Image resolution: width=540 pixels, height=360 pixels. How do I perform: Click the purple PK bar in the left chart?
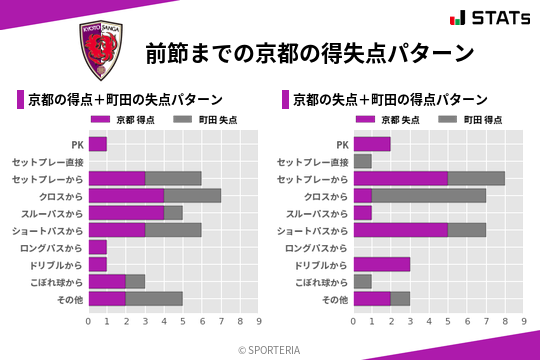click(x=97, y=144)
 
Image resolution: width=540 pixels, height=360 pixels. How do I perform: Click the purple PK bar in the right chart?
click(x=372, y=144)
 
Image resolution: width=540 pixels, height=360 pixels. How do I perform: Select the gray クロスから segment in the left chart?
click(x=193, y=195)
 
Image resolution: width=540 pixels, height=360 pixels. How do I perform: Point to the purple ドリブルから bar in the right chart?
click(x=382, y=264)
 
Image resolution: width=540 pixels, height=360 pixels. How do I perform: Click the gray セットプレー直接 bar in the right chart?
click(x=362, y=161)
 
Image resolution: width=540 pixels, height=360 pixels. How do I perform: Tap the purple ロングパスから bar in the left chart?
click(x=97, y=247)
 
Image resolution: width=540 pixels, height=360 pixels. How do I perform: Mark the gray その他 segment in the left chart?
click(x=155, y=298)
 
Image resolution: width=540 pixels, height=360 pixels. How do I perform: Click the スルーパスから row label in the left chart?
click(x=53, y=213)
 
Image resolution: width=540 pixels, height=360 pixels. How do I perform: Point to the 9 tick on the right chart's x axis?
click(x=524, y=321)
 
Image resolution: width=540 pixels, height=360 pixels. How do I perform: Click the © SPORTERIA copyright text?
click(x=270, y=349)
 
